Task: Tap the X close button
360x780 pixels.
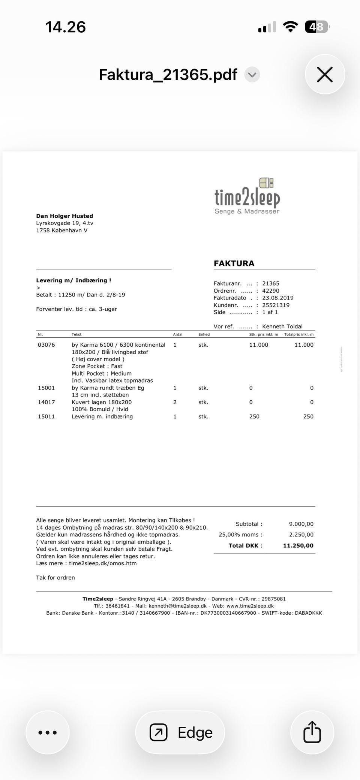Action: coord(325,74)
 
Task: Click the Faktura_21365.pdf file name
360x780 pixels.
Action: coord(168,75)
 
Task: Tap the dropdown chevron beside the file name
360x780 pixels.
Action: coord(252,75)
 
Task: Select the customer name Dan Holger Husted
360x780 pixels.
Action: coord(64,216)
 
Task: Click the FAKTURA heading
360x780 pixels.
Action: coord(234,263)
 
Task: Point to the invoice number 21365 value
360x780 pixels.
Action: coord(270,284)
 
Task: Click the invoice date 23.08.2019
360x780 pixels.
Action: coord(277,298)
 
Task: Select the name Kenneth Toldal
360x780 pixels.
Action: coord(282,326)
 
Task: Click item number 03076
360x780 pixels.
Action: coord(46,345)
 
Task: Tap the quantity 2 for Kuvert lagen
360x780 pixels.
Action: coord(175,402)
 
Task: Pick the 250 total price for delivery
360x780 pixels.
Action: coord(308,416)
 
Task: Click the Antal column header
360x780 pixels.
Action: coord(177,334)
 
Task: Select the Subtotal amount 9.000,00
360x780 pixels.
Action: coord(301,524)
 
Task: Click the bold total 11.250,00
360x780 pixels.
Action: coord(298,546)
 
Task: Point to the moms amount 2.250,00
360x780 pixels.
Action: coord(301,535)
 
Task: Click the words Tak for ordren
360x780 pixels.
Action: coord(55,578)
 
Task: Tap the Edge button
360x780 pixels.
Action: coord(180,732)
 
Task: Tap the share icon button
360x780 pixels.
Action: coord(312,732)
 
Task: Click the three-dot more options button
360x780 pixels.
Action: coord(48,732)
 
